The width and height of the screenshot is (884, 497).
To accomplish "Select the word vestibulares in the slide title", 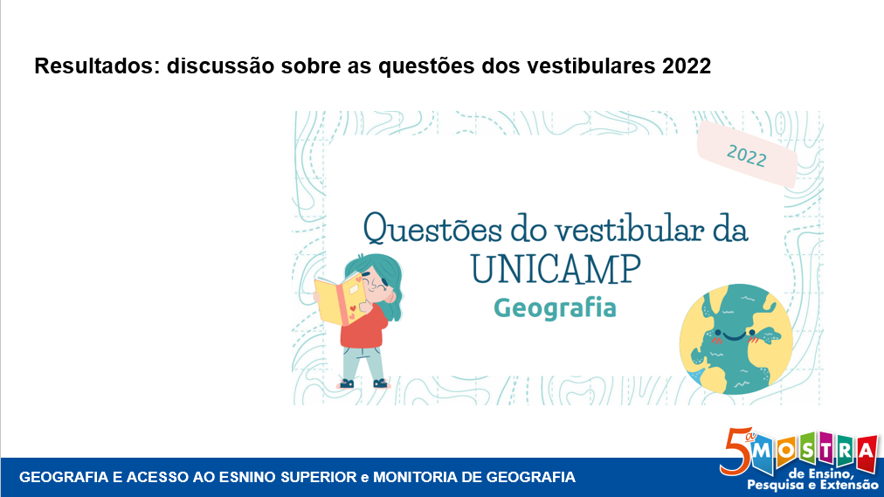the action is click(591, 66).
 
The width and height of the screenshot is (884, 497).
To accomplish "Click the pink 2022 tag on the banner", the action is click(747, 155).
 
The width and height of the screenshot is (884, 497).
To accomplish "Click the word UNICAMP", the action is click(556, 269).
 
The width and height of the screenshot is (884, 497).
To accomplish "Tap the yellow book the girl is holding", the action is click(341, 300).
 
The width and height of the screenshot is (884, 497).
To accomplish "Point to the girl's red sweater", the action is click(363, 328).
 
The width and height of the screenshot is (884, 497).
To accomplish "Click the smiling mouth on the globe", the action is click(734, 337).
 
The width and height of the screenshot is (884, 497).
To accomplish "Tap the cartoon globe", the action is click(736, 339).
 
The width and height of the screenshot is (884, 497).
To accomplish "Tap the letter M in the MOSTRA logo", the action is click(763, 450).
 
